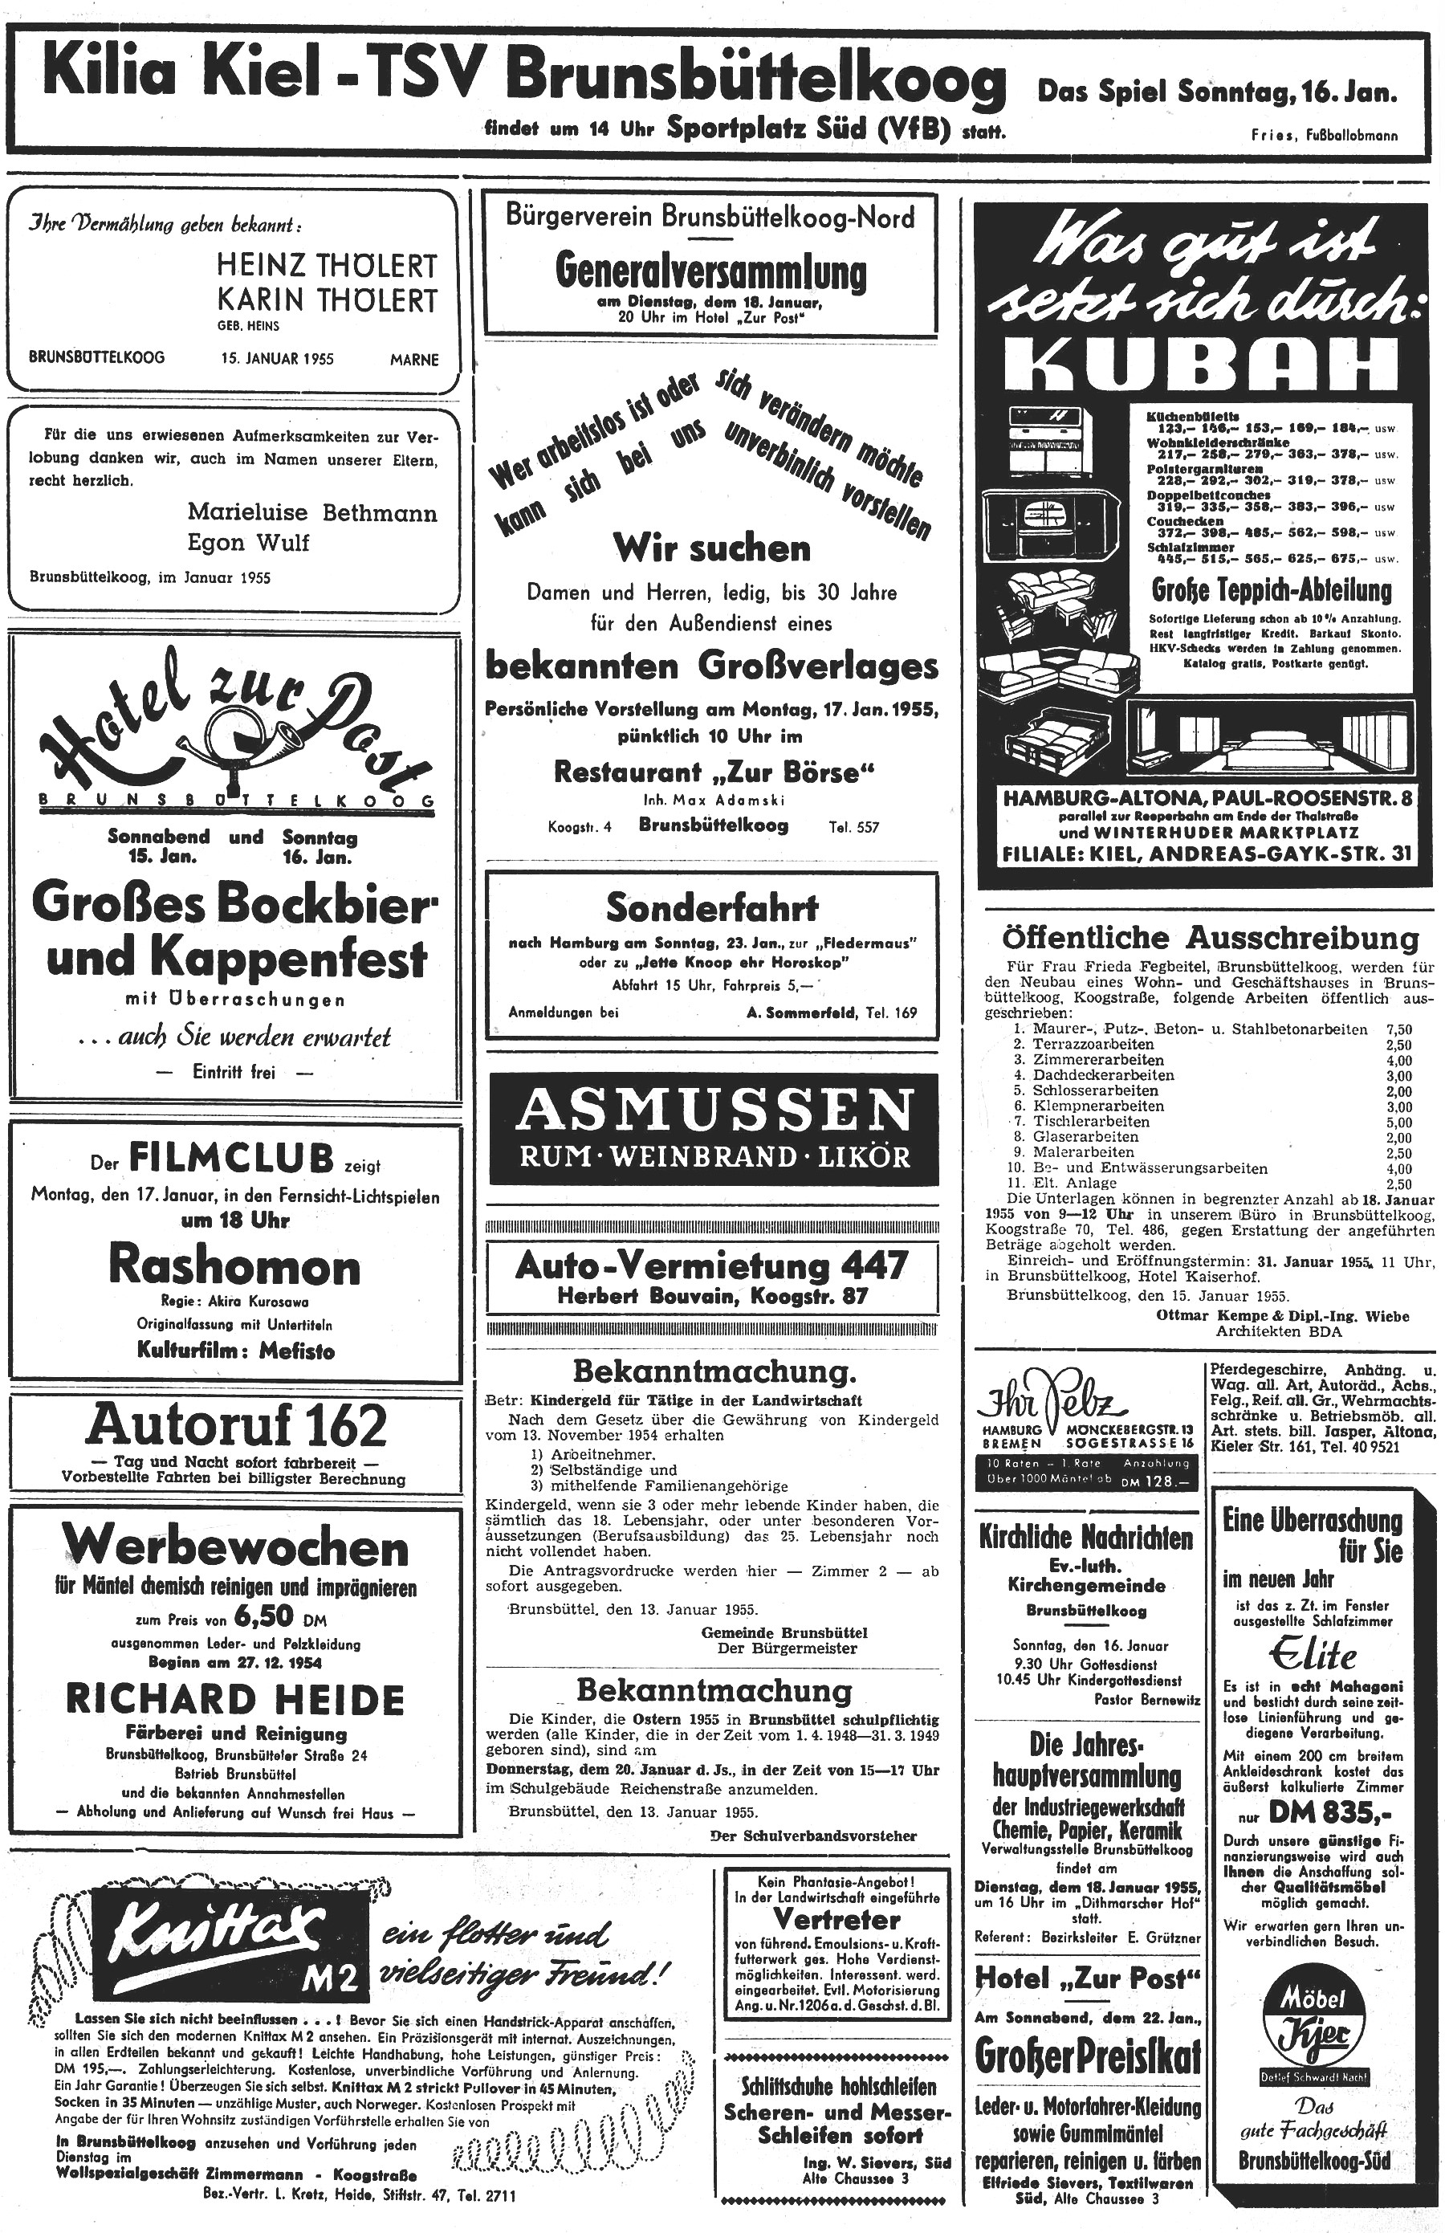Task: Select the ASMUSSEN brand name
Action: click(713, 1112)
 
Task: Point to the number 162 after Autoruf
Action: click(328, 1427)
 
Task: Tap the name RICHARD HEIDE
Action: click(234, 1699)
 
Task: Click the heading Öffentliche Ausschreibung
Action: click(1211, 937)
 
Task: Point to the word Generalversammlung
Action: click(710, 271)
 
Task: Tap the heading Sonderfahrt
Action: click(712, 907)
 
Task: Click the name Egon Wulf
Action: click(248, 542)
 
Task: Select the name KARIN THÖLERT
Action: click(327, 300)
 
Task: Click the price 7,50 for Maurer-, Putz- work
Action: click(1398, 1029)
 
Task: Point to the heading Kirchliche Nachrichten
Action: click(1085, 1537)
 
